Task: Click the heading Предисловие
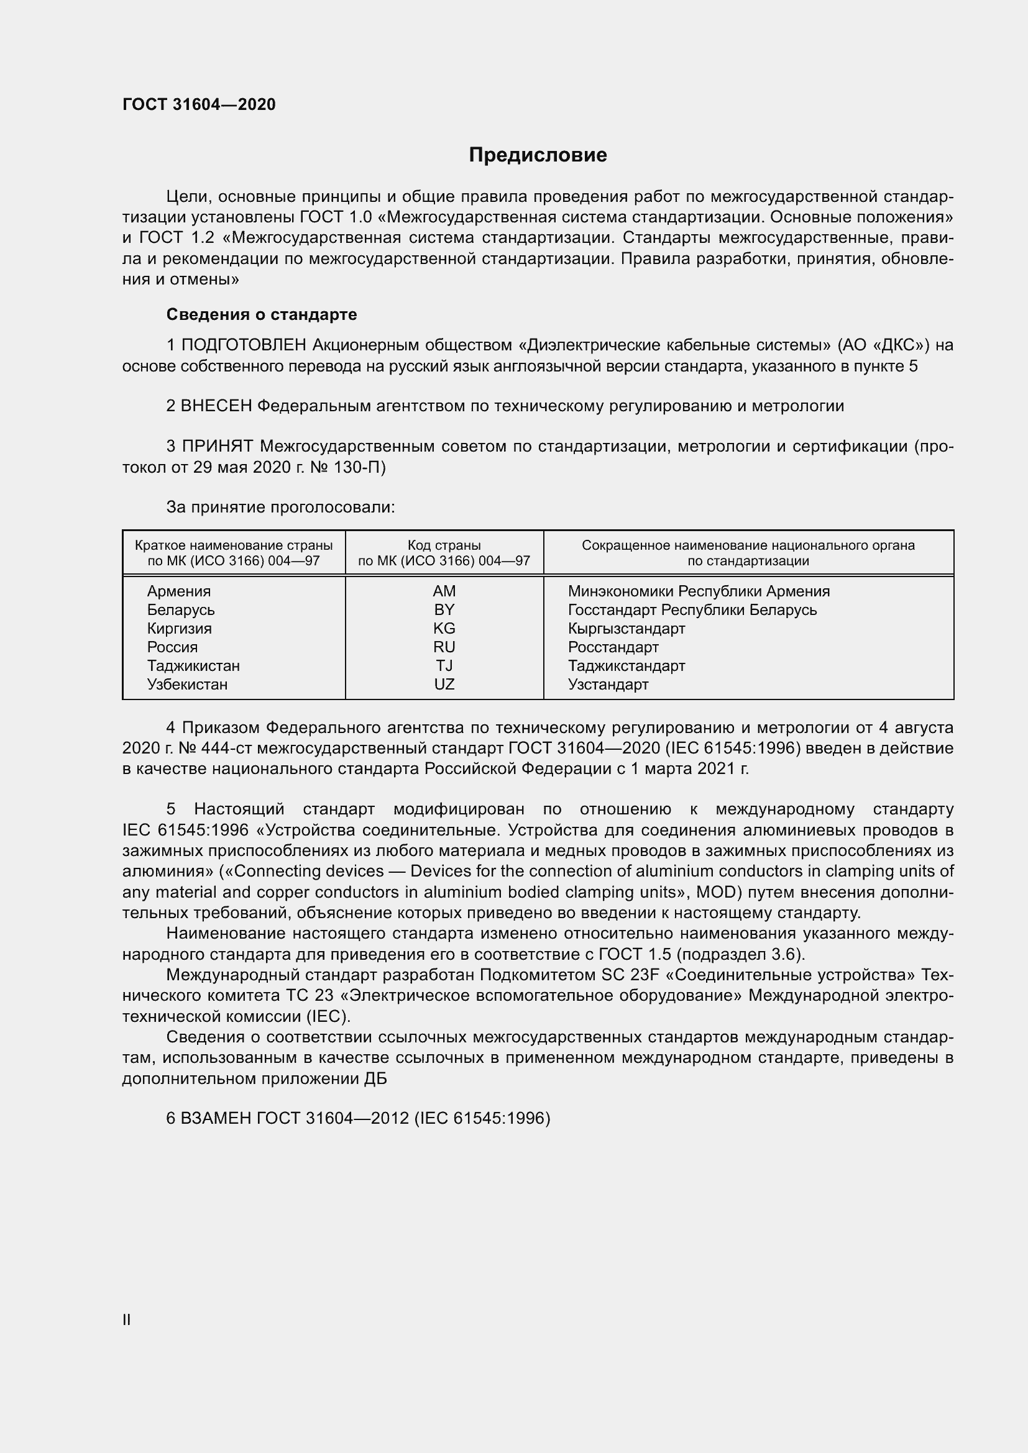[x=538, y=155]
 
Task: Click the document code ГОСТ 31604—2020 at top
[x=199, y=104]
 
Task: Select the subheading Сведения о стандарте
[x=262, y=314]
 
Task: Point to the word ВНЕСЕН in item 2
[x=216, y=406]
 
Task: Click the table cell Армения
[x=178, y=591]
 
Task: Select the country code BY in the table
[x=444, y=609]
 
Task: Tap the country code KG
[x=444, y=629]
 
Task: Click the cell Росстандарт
[x=613, y=647]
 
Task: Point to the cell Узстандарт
[x=608, y=684]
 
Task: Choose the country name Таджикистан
[x=193, y=666]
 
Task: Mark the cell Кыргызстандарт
[x=626, y=629]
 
